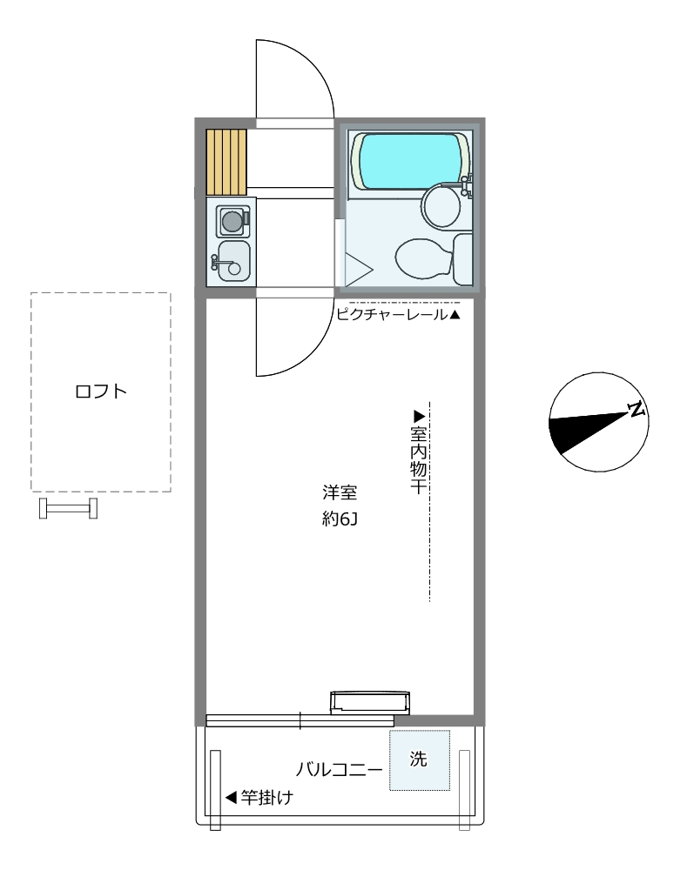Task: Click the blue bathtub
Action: pos(410,161)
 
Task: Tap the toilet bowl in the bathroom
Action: pos(424,258)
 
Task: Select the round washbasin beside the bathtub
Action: pos(441,206)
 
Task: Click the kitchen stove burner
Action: pos(233,221)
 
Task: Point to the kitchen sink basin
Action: pos(233,261)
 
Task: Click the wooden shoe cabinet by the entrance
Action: pos(226,162)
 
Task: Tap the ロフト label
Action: pos(101,391)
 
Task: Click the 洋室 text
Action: pos(340,492)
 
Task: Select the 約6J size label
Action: pos(340,519)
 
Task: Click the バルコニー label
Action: pos(339,770)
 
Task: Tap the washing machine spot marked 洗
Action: pos(419,760)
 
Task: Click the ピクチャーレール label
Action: pos(392,315)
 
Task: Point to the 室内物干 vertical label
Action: pos(418,460)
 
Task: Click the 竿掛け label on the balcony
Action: pos(266,798)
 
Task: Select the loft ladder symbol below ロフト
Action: pos(68,508)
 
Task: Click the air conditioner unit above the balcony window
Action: pos(370,702)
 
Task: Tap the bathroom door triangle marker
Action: pos(359,270)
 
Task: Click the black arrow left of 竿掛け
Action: pos(231,798)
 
